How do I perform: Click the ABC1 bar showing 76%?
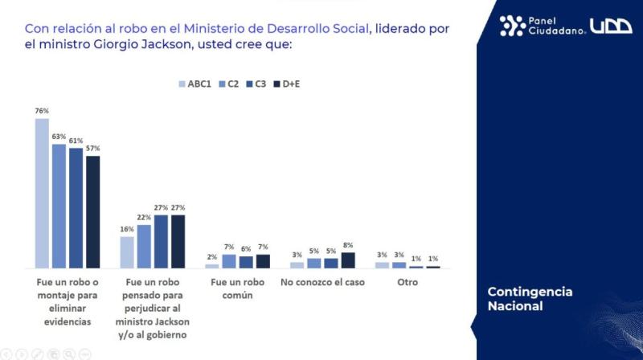43,193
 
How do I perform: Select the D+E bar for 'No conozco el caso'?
348,260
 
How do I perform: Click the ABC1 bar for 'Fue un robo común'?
212,265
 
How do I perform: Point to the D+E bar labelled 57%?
93,211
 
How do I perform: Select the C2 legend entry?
230,84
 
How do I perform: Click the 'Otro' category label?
408,283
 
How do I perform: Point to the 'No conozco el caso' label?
322,283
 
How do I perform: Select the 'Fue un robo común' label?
237,288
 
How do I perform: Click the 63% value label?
59,137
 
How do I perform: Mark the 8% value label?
348,245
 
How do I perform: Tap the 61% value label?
76,141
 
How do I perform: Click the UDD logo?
612,26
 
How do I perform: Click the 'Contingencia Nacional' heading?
530,298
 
